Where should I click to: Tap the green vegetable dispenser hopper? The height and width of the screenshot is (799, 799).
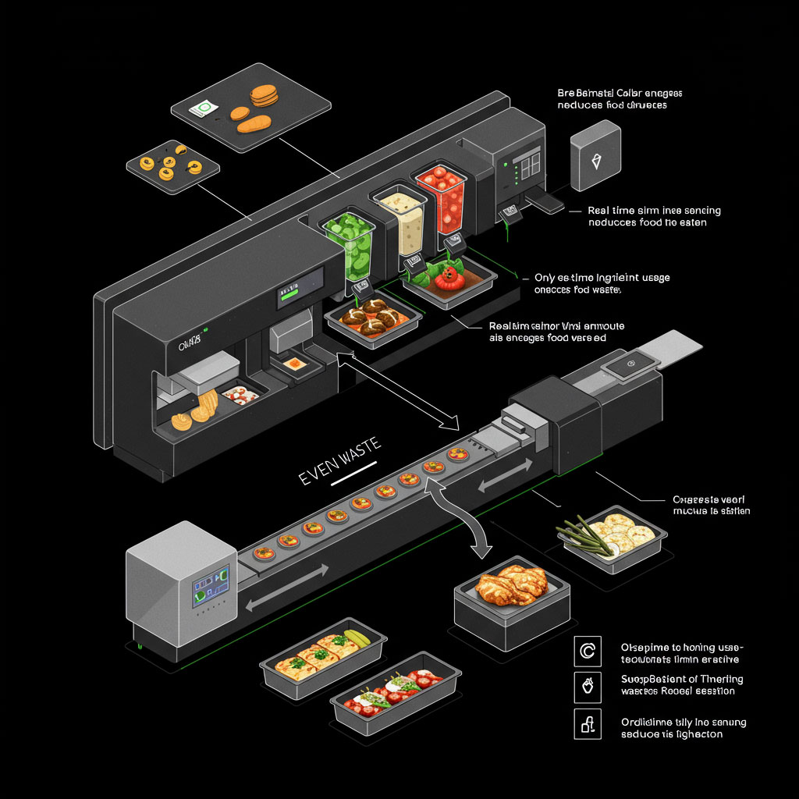coord(352,242)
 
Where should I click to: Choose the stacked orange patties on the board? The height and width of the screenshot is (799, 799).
coord(264,97)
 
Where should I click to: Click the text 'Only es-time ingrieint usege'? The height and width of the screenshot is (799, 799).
coord(602,278)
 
